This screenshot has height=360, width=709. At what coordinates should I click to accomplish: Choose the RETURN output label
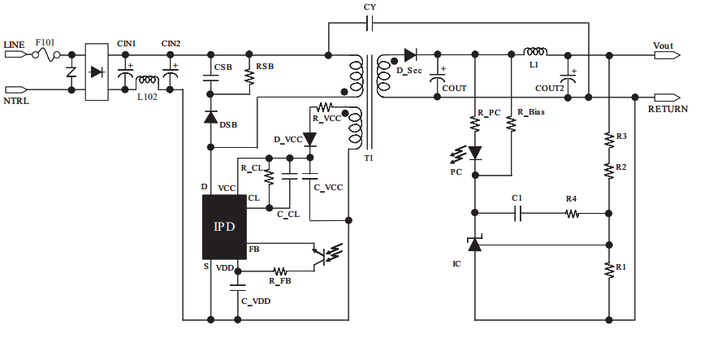coord(668,108)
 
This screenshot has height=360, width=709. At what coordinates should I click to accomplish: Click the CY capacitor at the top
coord(370,24)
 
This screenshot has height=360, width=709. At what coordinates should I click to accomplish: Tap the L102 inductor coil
coord(148,81)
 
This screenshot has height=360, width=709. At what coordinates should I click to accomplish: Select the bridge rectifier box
coord(97,72)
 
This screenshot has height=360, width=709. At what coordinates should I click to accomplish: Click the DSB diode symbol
coord(210,118)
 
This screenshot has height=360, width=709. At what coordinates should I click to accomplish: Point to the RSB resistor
coord(249,77)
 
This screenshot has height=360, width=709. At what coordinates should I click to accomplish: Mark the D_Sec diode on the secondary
coord(409,55)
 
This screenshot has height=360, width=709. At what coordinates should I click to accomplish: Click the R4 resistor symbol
coord(572,214)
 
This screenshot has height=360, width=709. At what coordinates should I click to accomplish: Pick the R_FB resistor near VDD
coord(280,271)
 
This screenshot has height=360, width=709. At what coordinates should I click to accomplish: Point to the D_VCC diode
coord(309,140)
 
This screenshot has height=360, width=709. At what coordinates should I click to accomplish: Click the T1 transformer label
coord(369,158)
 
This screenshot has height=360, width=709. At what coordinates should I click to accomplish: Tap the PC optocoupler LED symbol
coord(476,153)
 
